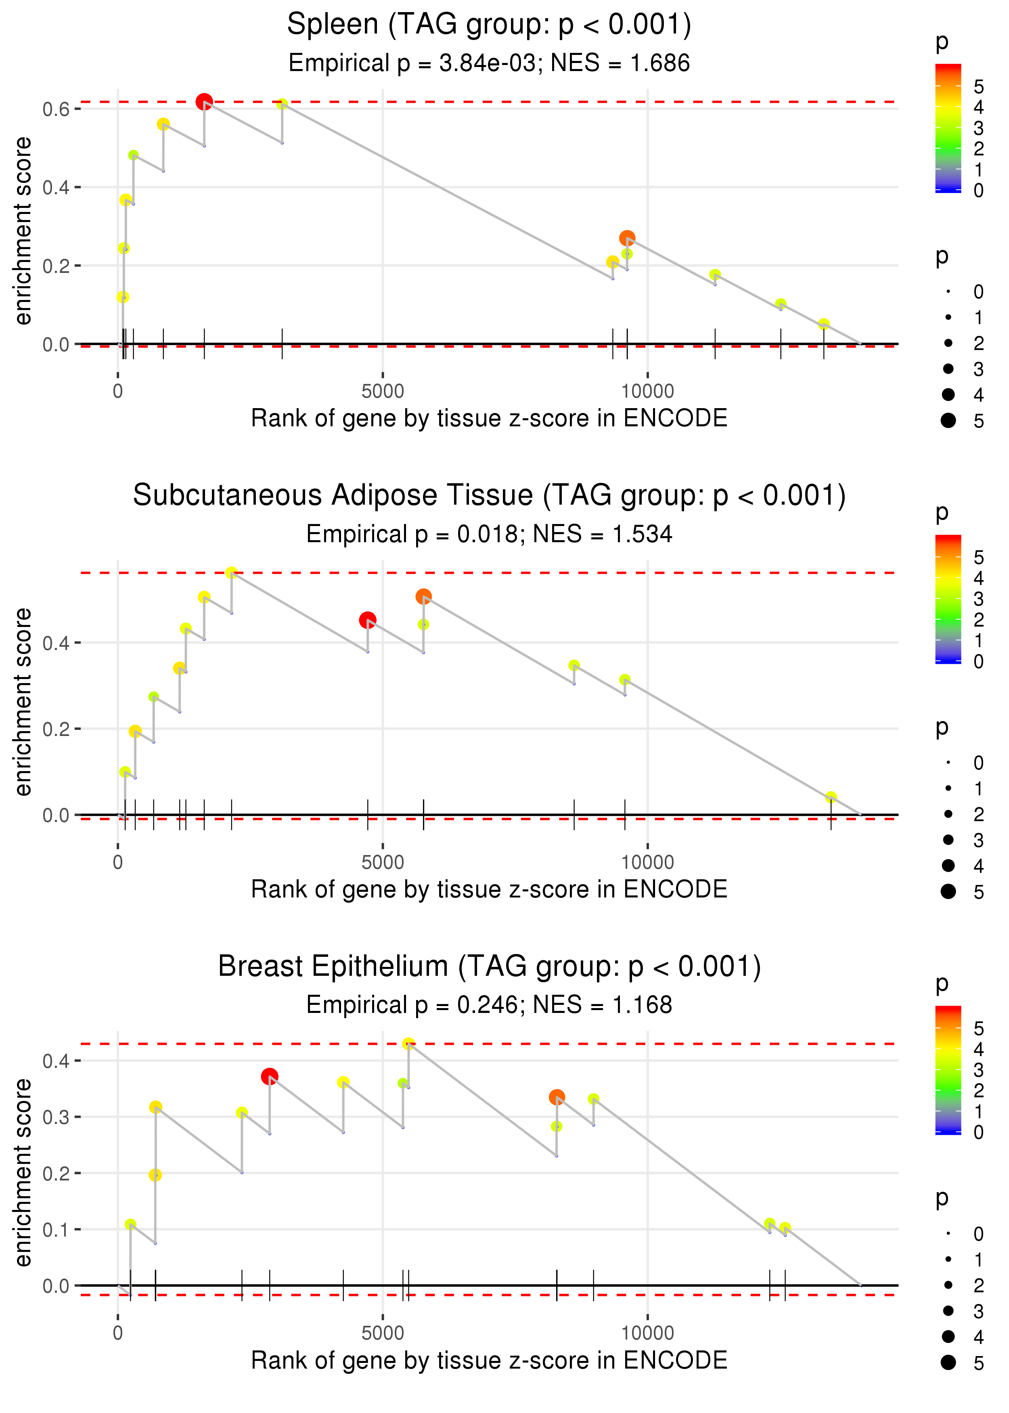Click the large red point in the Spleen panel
point(204,101)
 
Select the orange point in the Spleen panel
point(627,238)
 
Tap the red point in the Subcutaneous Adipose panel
point(367,620)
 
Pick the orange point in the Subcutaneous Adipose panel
point(423,597)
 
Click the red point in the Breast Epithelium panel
point(269,1076)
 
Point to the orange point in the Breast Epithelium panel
point(557,1097)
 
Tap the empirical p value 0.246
point(483,1005)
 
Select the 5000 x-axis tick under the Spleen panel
point(383,392)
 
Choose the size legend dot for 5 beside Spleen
point(948,421)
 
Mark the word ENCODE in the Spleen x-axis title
point(675,418)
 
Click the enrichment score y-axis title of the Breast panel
point(23,1172)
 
